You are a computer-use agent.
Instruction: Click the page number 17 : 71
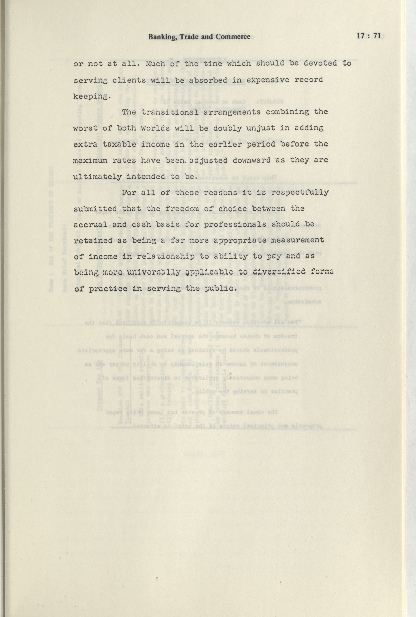tap(369, 36)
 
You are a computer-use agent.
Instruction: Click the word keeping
tap(90, 96)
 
